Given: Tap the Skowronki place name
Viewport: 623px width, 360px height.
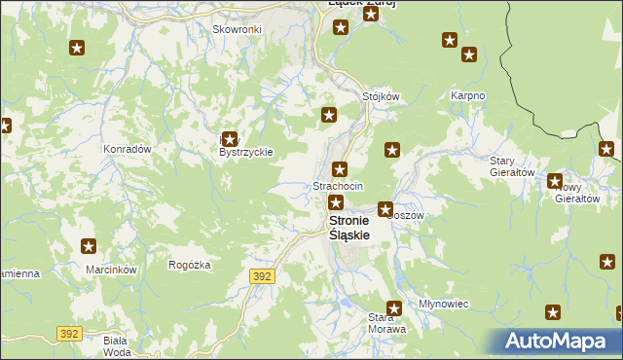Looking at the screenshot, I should (x=237, y=29).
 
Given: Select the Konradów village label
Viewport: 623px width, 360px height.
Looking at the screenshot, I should (x=127, y=150).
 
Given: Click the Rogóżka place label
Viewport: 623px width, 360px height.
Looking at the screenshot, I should (x=190, y=265).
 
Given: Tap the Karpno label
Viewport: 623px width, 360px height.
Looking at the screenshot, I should (x=467, y=96).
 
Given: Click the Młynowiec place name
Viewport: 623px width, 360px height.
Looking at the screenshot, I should (x=443, y=304).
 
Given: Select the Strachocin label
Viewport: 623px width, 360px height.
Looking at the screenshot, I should (x=338, y=185).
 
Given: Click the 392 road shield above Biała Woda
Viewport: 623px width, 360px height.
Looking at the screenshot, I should (x=68, y=333).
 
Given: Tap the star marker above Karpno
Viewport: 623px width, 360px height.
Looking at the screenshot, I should (x=450, y=40).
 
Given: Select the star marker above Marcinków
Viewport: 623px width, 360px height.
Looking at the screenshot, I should (x=90, y=247).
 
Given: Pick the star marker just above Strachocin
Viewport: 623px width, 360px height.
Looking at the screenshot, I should (x=340, y=168).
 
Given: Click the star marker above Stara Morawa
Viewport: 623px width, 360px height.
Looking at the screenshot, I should (x=394, y=307).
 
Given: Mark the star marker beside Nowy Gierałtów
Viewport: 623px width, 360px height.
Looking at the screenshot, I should (x=555, y=181).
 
